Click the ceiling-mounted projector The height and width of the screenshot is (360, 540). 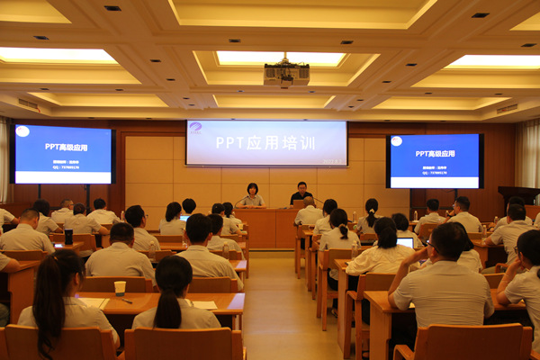[286, 73]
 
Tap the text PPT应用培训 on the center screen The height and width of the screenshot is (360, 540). [265, 142]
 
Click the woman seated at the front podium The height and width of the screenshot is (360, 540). [252, 195]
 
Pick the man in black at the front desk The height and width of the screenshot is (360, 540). [301, 193]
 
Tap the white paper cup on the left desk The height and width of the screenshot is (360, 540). [120, 288]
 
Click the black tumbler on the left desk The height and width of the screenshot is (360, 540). [68, 237]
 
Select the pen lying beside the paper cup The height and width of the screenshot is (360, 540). [126, 300]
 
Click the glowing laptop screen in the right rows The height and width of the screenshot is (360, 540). [405, 242]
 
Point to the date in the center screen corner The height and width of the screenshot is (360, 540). [330, 162]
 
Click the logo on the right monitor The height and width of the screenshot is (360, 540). [396, 140]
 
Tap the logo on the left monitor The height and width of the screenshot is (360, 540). [22, 131]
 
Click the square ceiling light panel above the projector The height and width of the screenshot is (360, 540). [281, 58]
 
